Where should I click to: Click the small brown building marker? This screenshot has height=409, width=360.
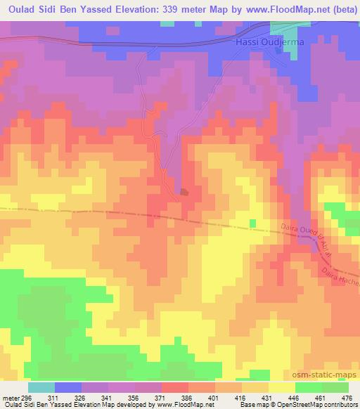(x=184, y=191)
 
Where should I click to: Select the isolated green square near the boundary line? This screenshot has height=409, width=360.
(x=252, y=223)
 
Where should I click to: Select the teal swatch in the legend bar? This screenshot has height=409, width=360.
(x=41, y=387)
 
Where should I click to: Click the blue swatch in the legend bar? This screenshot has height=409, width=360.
(x=67, y=387)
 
